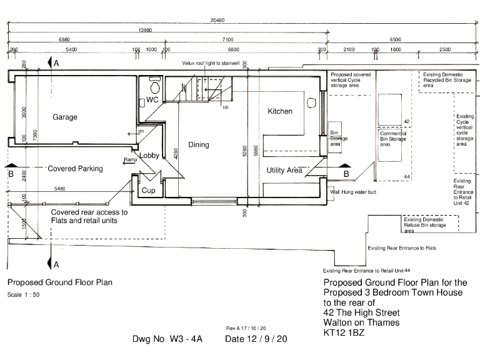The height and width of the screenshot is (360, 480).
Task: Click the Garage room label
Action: (x=65, y=117)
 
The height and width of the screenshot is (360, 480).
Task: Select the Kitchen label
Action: (x=280, y=111)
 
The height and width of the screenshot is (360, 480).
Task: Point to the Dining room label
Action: (x=199, y=145)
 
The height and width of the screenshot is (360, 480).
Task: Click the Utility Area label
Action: (x=284, y=170)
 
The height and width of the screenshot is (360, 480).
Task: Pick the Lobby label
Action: (x=149, y=156)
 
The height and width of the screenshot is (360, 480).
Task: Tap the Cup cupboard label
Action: (x=148, y=191)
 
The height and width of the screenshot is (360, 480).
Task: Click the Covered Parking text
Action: (x=75, y=169)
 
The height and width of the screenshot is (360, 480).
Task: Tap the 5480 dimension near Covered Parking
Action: (x=61, y=189)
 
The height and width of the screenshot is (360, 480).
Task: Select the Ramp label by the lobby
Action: (x=130, y=161)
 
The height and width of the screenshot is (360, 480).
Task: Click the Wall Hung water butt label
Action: (x=353, y=192)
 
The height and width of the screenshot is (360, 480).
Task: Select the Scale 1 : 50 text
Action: (x=23, y=294)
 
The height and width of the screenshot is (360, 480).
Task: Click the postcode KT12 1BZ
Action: (x=344, y=332)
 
